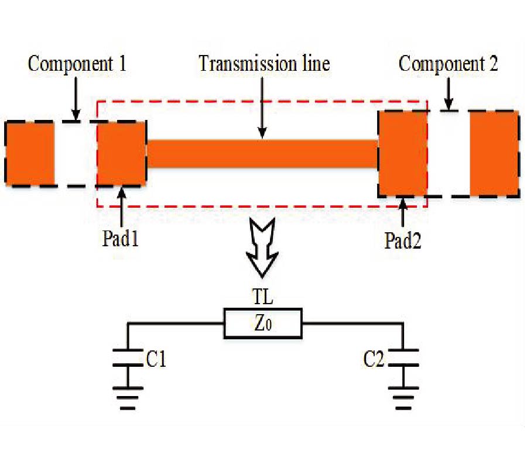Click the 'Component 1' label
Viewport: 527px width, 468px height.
pyautogui.click(x=77, y=64)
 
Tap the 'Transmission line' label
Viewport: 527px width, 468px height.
pyautogui.click(x=264, y=63)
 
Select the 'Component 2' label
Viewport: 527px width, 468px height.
pyautogui.click(x=448, y=64)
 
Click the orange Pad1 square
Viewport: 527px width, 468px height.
pyautogui.click(x=122, y=153)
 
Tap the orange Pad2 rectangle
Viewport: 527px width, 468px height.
pyautogui.click(x=403, y=153)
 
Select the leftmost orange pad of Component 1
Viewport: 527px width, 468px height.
pyautogui.click(x=30, y=153)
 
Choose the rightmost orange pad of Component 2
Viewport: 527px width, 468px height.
pyautogui.click(x=494, y=153)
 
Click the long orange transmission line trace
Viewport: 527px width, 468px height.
pyautogui.click(x=262, y=154)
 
